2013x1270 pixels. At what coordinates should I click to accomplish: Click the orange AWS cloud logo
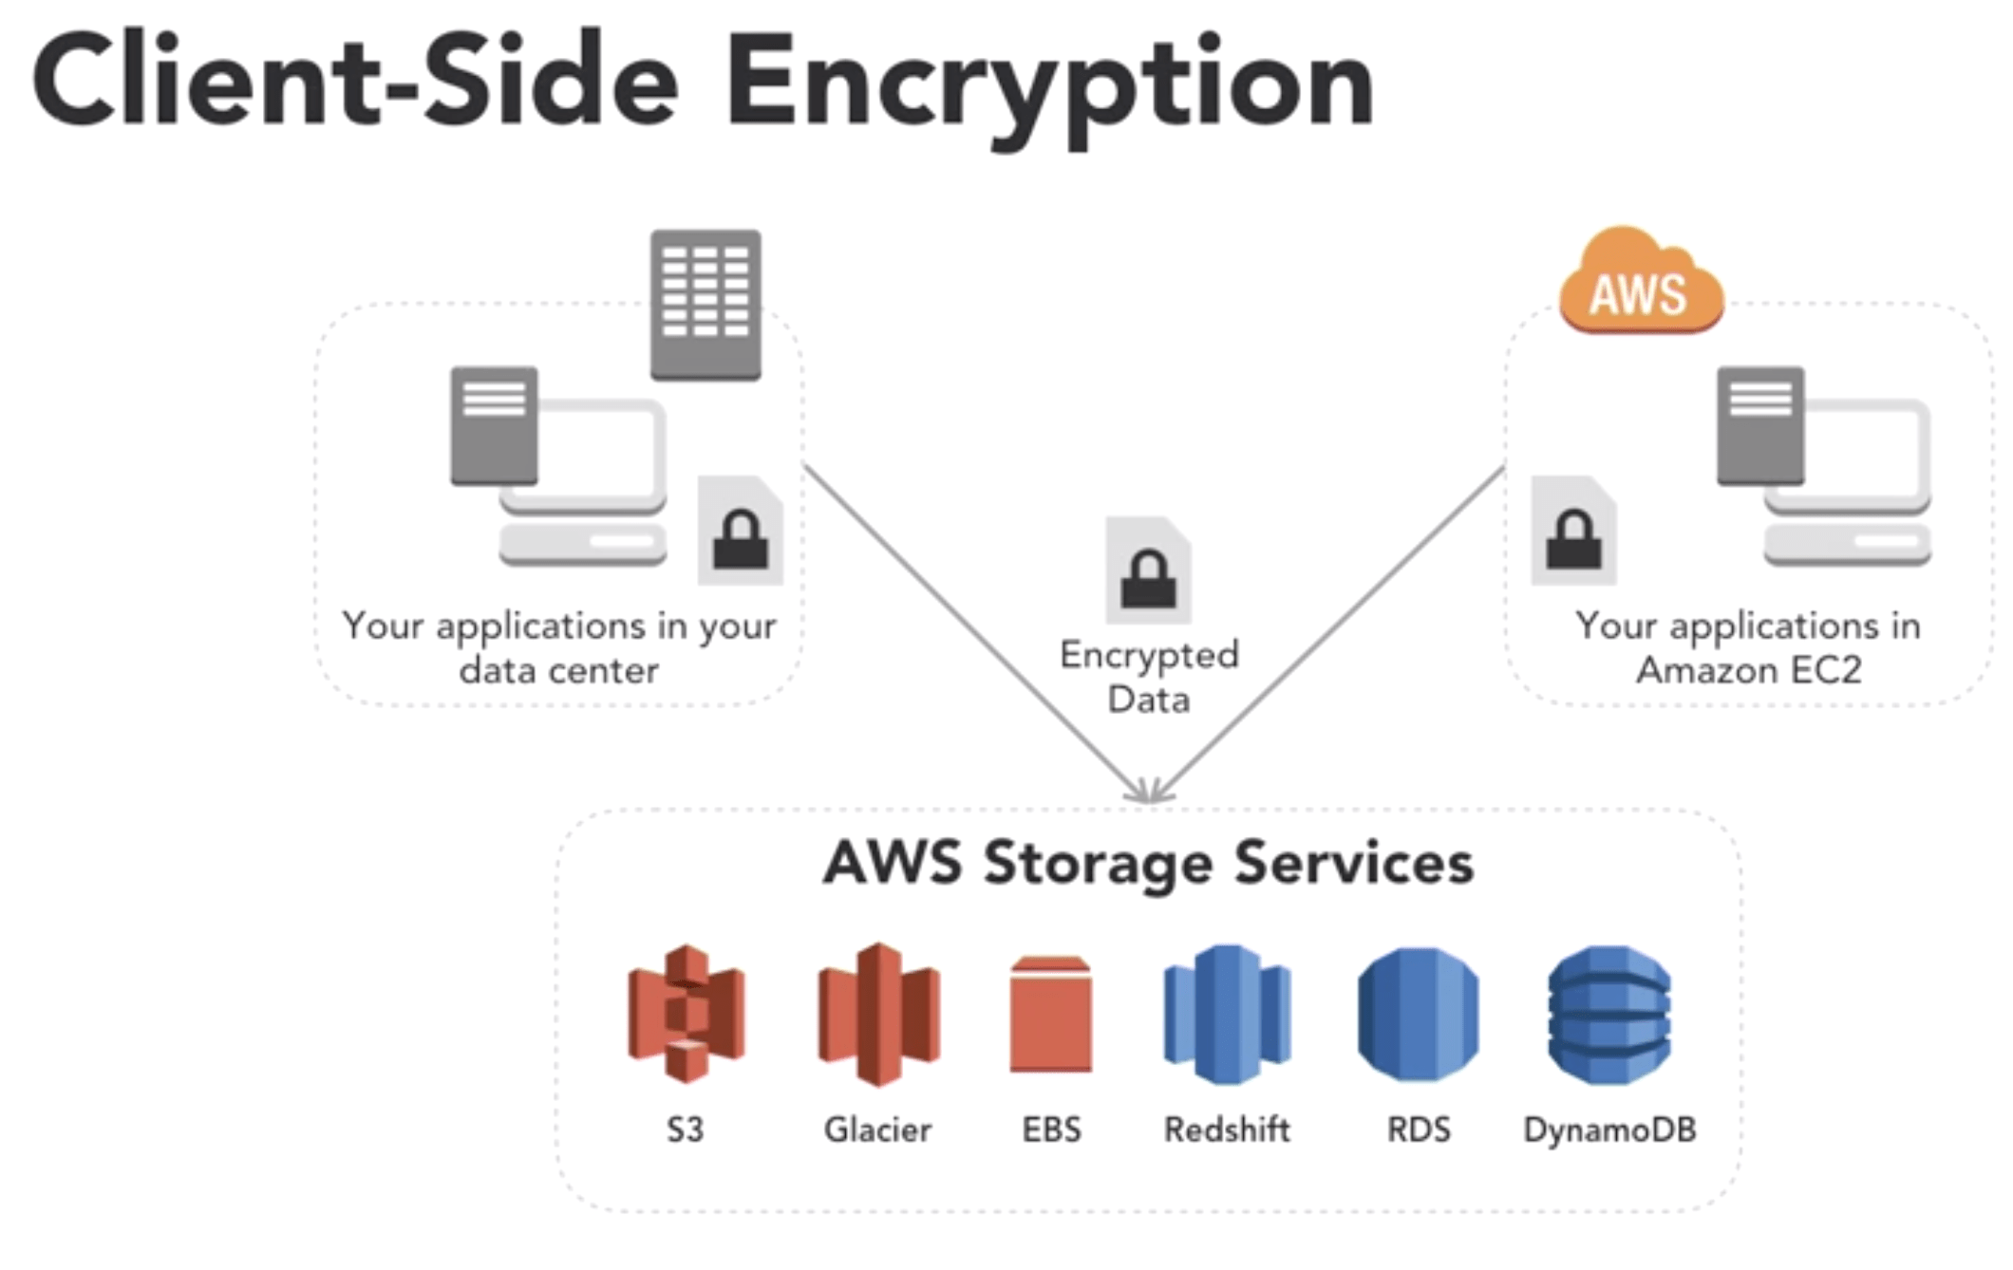tap(1641, 283)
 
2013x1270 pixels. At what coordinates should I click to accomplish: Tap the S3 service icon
tap(686, 1014)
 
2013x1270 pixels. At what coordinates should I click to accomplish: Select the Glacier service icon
tap(878, 1014)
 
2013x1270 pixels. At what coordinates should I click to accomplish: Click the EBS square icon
tap(1050, 1016)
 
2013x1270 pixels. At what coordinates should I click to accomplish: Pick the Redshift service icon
tap(1226, 1014)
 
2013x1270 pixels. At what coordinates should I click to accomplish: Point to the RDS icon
tap(1418, 1014)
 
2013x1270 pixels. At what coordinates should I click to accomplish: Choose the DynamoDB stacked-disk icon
tap(1609, 1014)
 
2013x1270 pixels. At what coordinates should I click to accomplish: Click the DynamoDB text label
tap(1609, 1130)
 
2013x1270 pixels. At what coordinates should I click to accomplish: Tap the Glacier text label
tap(877, 1130)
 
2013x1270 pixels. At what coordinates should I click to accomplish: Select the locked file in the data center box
tap(741, 532)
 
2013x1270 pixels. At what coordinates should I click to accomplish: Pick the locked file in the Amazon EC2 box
tap(1573, 532)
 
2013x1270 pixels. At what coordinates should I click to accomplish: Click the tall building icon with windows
tap(705, 304)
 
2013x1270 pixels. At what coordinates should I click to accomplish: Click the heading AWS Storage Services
tap(1148, 863)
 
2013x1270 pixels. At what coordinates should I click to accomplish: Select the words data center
tap(558, 670)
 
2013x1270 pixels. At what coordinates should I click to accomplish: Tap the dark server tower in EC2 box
tap(1759, 424)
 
